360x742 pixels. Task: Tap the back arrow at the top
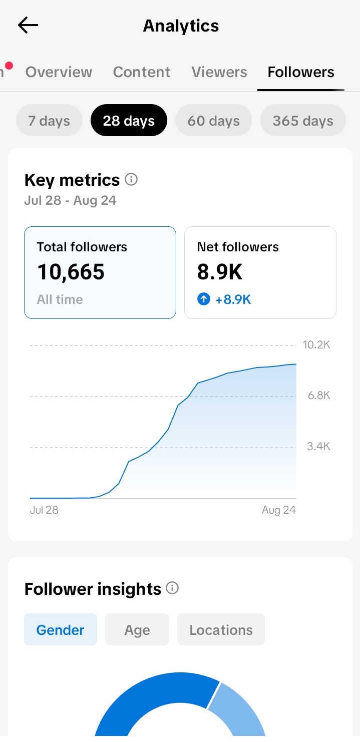28,25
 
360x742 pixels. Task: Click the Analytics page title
181,26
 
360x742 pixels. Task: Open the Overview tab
59,72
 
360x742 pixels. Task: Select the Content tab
141,72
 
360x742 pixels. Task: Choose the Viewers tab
219,72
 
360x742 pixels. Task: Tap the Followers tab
301,72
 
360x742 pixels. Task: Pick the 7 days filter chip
49,120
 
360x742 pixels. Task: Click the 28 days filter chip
129,120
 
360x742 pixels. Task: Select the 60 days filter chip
214,120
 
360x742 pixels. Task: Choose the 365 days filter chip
303,120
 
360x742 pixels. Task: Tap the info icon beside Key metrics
131,180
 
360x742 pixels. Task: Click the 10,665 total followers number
71,272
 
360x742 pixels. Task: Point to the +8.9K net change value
233,299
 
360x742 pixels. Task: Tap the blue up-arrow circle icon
204,299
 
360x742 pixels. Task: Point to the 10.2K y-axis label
316,345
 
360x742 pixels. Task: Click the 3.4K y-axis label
318,446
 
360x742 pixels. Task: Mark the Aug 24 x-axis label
279,510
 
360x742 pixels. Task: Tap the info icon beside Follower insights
172,588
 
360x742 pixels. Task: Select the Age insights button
137,629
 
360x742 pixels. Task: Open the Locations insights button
221,629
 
